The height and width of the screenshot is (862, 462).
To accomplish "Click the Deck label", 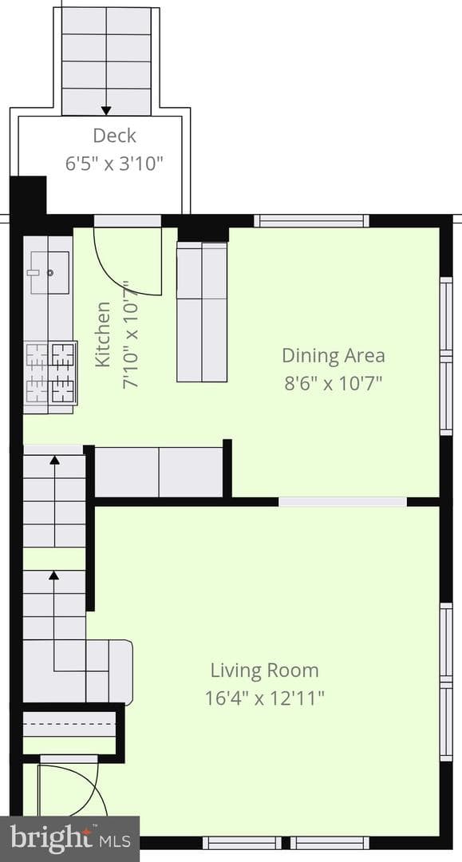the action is (114, 135).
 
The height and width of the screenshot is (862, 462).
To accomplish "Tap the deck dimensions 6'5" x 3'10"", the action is (114, 164).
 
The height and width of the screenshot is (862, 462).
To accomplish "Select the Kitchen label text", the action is (103, 334).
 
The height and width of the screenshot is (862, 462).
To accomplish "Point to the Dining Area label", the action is (333, 355).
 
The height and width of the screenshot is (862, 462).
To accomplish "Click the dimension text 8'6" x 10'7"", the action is (333, 382).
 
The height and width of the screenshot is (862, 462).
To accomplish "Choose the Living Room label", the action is (265, 670).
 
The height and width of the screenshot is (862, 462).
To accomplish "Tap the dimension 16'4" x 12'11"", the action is (265, 698).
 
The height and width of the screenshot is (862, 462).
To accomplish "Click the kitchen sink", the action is (49, 272).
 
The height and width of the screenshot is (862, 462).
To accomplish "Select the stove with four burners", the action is (50, 374).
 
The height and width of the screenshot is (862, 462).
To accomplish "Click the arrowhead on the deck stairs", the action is (106, 110).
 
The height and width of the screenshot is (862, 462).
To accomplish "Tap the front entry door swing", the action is (73, 792).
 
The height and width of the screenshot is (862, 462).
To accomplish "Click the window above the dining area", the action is (311, 221).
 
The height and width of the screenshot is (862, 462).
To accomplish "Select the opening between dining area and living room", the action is (342, 501).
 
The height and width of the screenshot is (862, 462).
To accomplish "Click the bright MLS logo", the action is (69, 839).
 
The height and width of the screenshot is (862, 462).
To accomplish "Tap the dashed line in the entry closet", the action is (69, 724).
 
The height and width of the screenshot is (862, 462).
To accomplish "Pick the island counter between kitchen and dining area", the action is (202, 312).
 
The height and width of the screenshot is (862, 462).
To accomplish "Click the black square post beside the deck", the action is (28, 196).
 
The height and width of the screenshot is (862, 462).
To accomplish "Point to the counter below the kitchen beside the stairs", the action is (159, 473).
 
